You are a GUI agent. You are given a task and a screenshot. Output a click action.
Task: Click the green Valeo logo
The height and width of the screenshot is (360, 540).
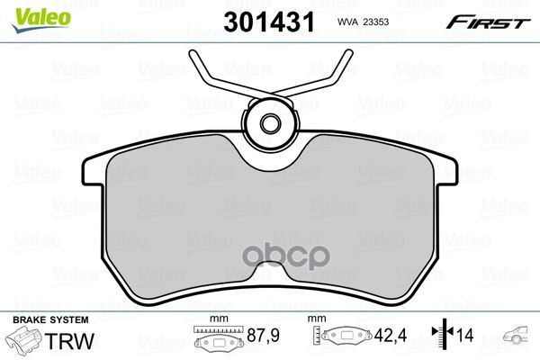point(41,20)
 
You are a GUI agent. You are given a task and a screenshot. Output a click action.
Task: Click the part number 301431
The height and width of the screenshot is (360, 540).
point(269,22)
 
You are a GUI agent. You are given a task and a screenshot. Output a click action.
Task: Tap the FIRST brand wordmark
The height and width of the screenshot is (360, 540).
point(488,22)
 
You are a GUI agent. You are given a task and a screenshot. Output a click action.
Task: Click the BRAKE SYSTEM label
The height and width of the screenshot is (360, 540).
point(50,319)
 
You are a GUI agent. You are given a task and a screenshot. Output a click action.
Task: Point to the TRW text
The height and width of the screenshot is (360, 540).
point(69,341)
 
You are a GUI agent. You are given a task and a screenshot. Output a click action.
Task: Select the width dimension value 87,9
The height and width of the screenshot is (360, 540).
point(263,335)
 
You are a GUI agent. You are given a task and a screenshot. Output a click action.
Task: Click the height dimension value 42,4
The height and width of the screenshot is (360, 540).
point(391,335)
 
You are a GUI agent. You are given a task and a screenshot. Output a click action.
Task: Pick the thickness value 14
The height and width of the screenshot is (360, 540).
point(465,335)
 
